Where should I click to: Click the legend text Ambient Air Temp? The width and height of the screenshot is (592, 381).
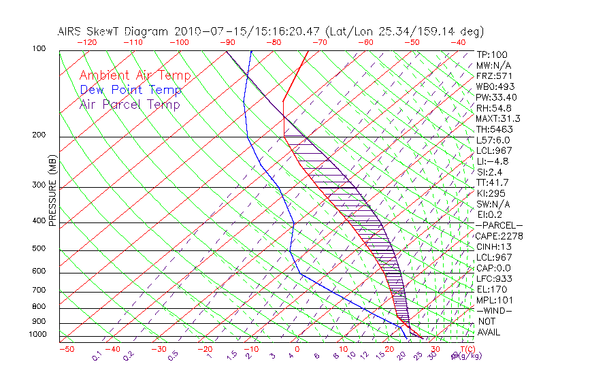pyautogui.click(x=135, y=76)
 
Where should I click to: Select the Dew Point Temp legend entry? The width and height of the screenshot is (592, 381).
pyautogui.click(x=131, y=90)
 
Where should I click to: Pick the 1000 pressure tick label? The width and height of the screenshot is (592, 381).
pyautogui.click(x=38, y=334)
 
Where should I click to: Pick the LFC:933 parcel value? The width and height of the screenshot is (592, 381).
pyautogui.click(x=493, y=279)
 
